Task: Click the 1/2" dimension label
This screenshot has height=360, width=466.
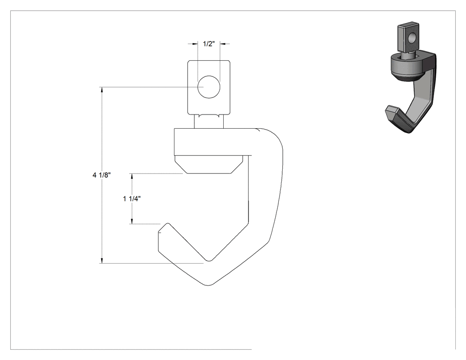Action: pos(209,44)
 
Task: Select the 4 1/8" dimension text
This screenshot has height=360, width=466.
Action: pos(102,175)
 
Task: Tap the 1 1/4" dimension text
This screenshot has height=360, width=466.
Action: pos(132,199)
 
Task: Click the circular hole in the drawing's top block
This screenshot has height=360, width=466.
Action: pos(209,87)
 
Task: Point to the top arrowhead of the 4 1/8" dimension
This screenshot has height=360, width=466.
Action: pos(102,90)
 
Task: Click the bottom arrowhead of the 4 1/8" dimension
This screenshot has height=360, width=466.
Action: pos(102,260)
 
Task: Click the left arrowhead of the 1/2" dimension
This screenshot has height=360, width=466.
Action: pos(195,44)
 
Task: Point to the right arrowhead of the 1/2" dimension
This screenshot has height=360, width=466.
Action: pos(223,44)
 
